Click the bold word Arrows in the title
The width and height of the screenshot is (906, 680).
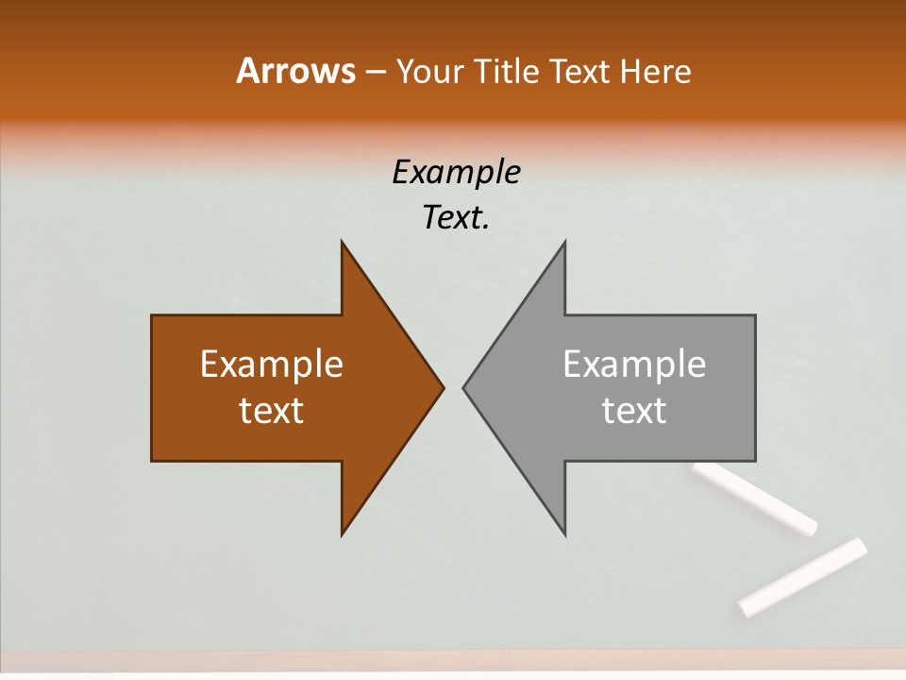click(295, 71)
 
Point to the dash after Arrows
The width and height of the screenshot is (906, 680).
click(375, 72)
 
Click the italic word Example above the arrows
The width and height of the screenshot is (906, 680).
click(456, 172)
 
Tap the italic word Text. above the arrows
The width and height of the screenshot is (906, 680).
click(456, 217)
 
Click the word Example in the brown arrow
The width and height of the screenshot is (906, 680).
click(272, 364)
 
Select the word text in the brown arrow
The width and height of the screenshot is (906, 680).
click(272, 410)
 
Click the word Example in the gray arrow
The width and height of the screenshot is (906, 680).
click(634, 364)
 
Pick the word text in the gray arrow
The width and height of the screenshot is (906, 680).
click(634, 410)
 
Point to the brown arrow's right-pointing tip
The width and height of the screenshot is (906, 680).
click(442, 387)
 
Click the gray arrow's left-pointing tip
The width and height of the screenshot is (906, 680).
click(465, 387)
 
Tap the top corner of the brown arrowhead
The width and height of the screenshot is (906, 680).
click(343, 244)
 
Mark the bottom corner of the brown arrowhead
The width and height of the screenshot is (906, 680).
click(343, 533)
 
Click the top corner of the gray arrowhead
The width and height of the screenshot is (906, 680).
click(564, 244)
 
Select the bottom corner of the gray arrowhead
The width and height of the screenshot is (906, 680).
click(564, 533)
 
